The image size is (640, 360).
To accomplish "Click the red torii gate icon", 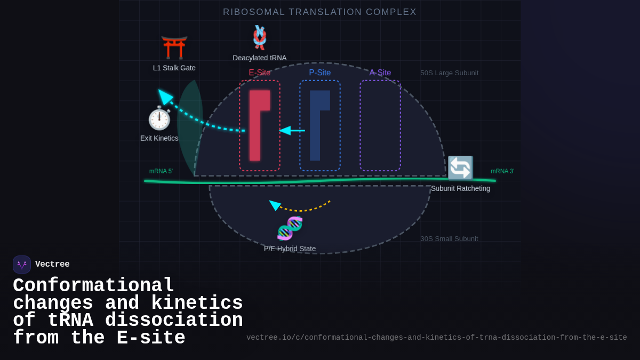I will [x=174, y=47].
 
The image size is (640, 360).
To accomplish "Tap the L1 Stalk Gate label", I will [x=174, y=68].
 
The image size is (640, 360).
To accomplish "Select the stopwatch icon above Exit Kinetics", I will [x=159, y=118].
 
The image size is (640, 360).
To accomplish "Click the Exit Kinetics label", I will [x=159, y=138].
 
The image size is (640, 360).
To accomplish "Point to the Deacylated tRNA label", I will [x=259, y=58].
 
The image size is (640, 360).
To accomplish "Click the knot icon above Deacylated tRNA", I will [x=259, y=37].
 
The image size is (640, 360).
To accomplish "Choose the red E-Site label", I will [x=259, y=73].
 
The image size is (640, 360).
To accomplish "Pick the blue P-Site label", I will [x=319, y=73].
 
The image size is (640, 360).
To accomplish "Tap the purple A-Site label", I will [x=380, y=73].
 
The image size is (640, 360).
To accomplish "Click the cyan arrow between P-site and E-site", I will [x=292, y=130].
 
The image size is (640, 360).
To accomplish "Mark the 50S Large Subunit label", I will [x=449, y=73].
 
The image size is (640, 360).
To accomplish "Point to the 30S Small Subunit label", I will [x=449, y=239].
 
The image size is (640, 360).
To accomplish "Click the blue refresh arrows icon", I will [x=460, y=168].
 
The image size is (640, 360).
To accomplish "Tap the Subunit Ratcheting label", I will [x=460, y=188].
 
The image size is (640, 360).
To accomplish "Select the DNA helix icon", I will [x=290, y=228].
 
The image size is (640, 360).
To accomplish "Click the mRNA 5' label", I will [x=161, y=171].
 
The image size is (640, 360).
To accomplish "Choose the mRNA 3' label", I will [x=502, y=171].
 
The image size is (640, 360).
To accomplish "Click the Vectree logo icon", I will [x=22, y=265].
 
